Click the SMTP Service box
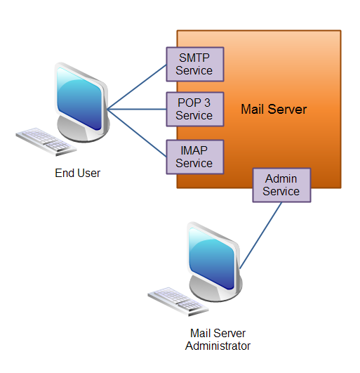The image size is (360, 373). click(x=194, y=64)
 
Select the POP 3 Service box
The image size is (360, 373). click(x=194, y=109)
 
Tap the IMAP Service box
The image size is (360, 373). click(x=194, y=157)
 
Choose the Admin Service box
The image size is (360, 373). click(x=281, y=185)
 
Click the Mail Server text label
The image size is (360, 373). click(x=274, y=110)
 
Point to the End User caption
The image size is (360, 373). click(x=77, y=173)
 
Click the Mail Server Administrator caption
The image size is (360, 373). click(x=218, y=339)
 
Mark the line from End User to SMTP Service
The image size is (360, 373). click(x=137, y=89)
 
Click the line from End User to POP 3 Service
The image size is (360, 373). click(x=137, y=109)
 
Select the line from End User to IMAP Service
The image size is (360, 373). click(x=137, y=129)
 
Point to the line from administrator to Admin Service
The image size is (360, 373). click(x=261, y=235)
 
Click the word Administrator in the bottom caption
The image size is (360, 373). click(x=218, y=346)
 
